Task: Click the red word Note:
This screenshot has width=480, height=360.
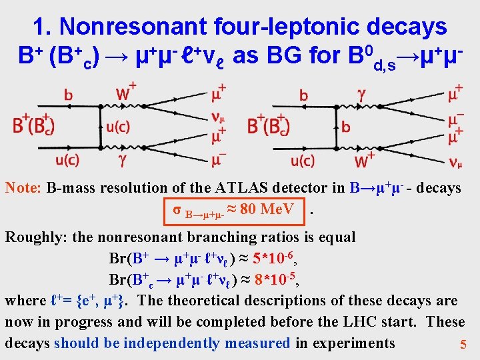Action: [24, 188]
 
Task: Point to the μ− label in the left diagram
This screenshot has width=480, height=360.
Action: [219, 160]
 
